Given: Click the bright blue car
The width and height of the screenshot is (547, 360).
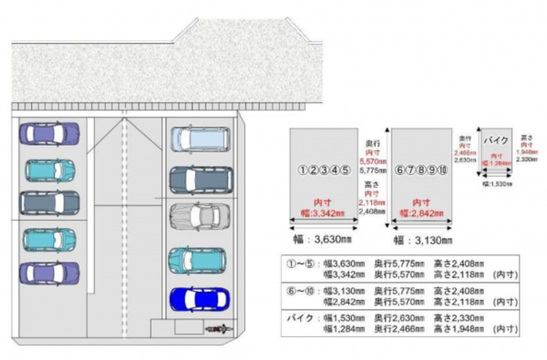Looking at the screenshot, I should click(x=194, y=298).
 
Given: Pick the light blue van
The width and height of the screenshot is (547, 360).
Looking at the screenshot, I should click(x=193, y=139).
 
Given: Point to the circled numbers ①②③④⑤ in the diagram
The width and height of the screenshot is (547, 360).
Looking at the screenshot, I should click(x=324, y=170).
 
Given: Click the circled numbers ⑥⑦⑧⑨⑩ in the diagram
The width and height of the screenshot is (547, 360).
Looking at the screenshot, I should click(x=421, y=170).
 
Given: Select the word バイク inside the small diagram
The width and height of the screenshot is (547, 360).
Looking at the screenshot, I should click(x=496, y=141).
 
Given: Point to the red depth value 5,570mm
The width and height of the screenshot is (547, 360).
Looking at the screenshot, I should click(x=370, y=160).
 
